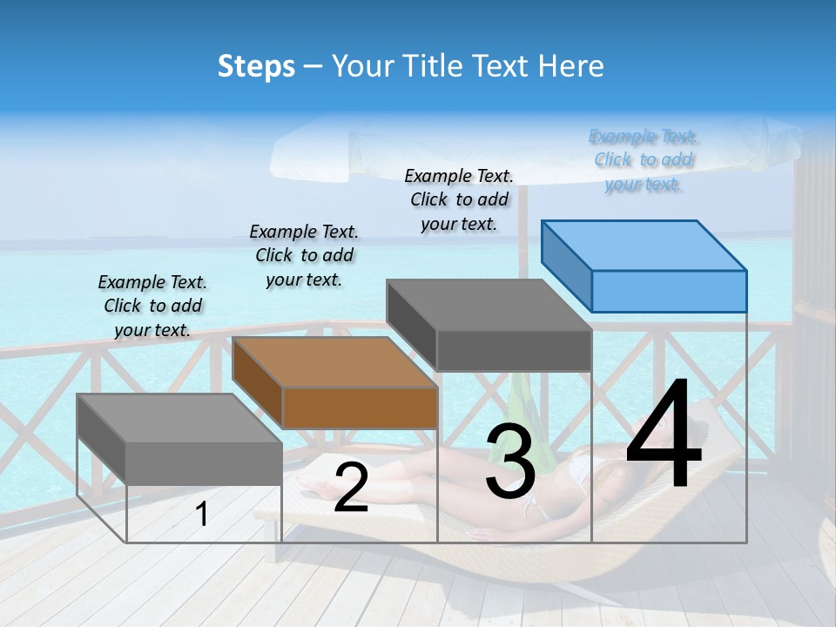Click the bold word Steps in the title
click(256, 66)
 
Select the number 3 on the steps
click(510, 462)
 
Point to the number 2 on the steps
click(351, 488)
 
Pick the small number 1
click(202, 514)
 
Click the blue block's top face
click(644, 245)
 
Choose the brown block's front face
click(360, 408)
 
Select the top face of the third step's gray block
click(489, 305)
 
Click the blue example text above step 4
click(644, 160)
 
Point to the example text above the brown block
click(304, 255)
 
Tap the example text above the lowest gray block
click(152, 306)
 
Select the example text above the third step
click(459, 199)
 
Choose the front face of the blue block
click(669, 291)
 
